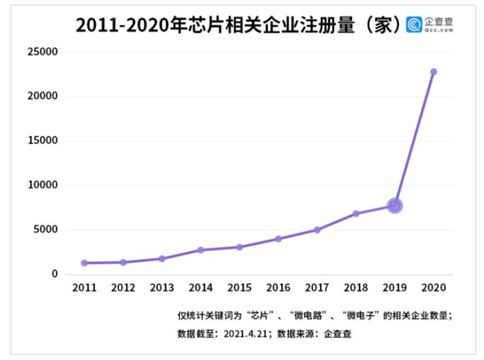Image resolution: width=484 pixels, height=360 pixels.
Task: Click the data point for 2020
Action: [433, 71]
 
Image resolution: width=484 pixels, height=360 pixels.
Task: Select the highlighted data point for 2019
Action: [395, 206]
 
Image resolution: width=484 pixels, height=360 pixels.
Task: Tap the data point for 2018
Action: [356, 214]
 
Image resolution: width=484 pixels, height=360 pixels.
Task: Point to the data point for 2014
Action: [201, 250]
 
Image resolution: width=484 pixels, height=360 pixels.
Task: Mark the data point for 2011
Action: [84, 263]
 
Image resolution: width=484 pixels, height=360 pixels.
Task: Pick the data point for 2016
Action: [278, 239]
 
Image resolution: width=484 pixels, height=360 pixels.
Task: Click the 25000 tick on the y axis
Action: [42, 52]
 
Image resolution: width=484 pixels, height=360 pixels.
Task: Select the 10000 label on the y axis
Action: [42, 185]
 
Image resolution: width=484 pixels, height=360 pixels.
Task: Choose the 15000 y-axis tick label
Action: [42, 141]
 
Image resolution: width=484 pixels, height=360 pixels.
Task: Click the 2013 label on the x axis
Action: [162, 289]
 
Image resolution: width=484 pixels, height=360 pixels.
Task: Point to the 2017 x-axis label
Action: [317, 289]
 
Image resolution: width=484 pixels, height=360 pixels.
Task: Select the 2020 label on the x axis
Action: [433, 289]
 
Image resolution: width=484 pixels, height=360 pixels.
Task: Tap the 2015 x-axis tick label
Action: [240, 289]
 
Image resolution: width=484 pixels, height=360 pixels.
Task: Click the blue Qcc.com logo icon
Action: [414, 25]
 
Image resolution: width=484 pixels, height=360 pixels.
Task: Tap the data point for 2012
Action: [123, 262]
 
